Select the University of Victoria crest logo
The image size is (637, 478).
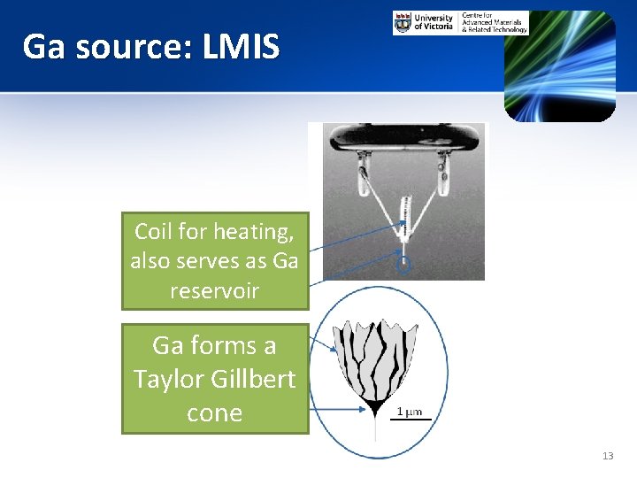403,22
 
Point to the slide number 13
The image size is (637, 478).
607,456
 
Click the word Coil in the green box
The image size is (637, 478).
154,232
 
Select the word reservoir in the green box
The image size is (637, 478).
215,290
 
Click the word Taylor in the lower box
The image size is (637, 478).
170,378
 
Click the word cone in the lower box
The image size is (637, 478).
214,412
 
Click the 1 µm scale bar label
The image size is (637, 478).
409,411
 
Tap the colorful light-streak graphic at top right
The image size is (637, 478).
559,66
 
